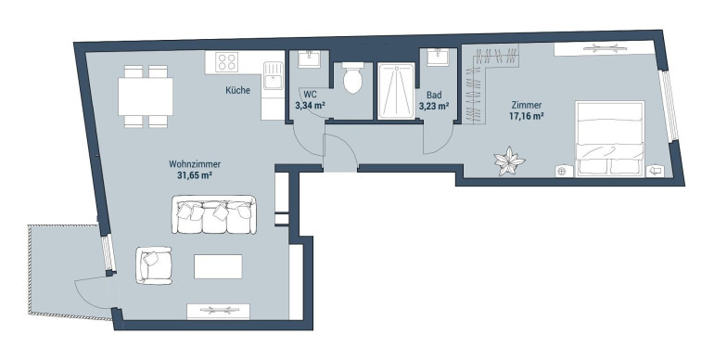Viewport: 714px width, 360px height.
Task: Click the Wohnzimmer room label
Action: pyautogui.click(x=195, y=164)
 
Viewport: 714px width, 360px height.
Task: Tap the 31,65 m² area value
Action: pyautogui.click(x=196, y=174)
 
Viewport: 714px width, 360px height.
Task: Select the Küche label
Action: pyautogui.click(x=237, y=90)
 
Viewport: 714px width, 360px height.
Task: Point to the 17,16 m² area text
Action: pyautogui.click(x=527, y=116)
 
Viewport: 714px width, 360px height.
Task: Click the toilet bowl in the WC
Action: pyautogui.click(x=353, y=78)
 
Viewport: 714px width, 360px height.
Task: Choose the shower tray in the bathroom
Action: pyautogui.click(x=396, y=91)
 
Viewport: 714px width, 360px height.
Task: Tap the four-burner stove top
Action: pyautogui.click(x=227, y=62)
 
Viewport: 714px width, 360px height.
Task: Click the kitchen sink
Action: pyautogui.click(x=273, y=75)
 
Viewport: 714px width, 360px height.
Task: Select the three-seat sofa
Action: pyautogui.click(x=213, y=214)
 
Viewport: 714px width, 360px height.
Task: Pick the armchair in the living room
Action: pyautogui.click(x=153, y=265)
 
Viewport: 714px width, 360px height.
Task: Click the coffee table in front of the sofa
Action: pyautogui.click(x=218, y=266)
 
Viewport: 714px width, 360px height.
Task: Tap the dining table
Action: pyautogui.click(x=146, y=96)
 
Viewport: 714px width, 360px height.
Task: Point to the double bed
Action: pyautogui.click(x=610, y=138)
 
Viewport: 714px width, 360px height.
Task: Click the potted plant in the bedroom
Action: pyautogui.click(x=510, y=161)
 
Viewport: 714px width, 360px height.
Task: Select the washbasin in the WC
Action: pyautogui.click(x=310, y=59)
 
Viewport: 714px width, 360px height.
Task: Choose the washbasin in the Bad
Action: pyautogui.click(x=439, y=58)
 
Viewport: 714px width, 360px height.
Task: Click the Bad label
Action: pyautogui.click(x=434, y=96)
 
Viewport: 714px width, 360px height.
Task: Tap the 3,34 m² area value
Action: pyautogui.click(x=310, y=105)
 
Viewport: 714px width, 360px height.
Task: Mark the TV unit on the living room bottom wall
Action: pyautogui.click(x=219, y=312)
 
